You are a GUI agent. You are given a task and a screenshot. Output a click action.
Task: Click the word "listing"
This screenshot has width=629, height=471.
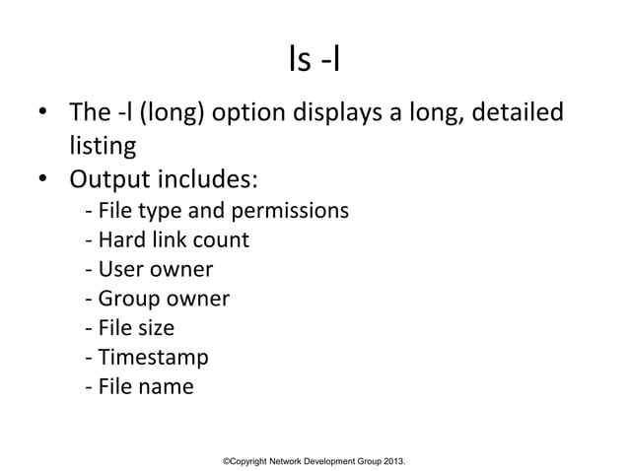(x=103, y=147)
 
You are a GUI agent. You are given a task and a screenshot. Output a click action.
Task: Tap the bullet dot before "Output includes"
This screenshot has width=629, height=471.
(x=44, y=181)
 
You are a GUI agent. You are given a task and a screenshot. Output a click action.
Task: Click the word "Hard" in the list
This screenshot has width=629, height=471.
(x=118, y=239)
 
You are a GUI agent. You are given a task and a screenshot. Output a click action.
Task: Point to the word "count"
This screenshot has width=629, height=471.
(x=224, y=239)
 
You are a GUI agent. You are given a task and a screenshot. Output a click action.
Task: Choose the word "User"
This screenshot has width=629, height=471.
(x=117, y=269)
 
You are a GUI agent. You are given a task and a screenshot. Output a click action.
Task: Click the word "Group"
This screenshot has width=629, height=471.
(x=124, y=299)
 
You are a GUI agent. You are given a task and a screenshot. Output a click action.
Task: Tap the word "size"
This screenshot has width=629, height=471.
(x=155, y=328)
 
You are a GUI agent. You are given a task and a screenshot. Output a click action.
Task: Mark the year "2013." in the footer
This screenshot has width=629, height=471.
(x=394, y=461)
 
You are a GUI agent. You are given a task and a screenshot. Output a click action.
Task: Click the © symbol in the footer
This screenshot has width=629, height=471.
(x=227, y=461)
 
